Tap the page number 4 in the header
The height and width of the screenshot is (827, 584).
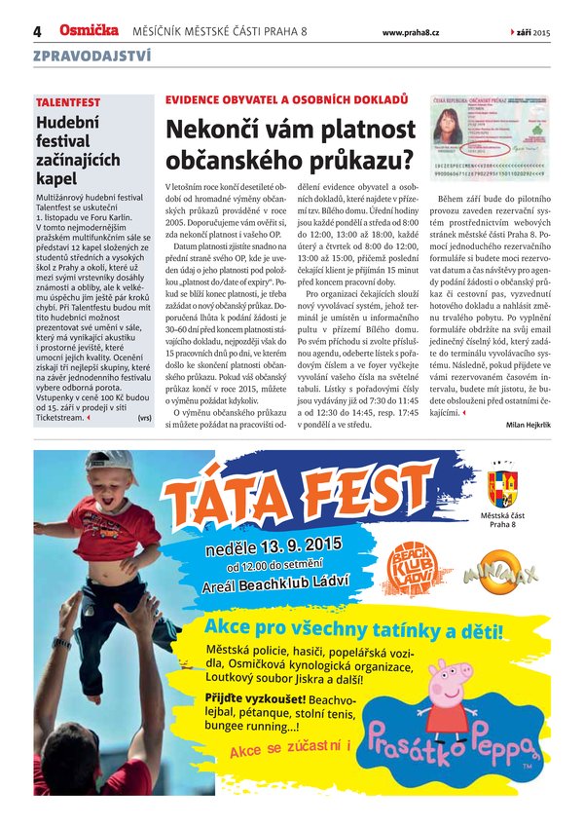[x=37, y=32]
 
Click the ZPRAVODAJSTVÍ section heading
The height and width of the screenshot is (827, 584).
[x=91, y=56]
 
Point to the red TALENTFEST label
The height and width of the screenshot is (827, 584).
[x=67, y=102]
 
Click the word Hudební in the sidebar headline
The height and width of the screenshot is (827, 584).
[x=71, y=123]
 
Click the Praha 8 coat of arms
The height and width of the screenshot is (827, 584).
[x=502, y=488]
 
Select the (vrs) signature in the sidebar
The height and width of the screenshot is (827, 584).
[x=144, y=418]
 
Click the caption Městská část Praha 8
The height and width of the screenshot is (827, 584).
[x=502, y=519]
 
